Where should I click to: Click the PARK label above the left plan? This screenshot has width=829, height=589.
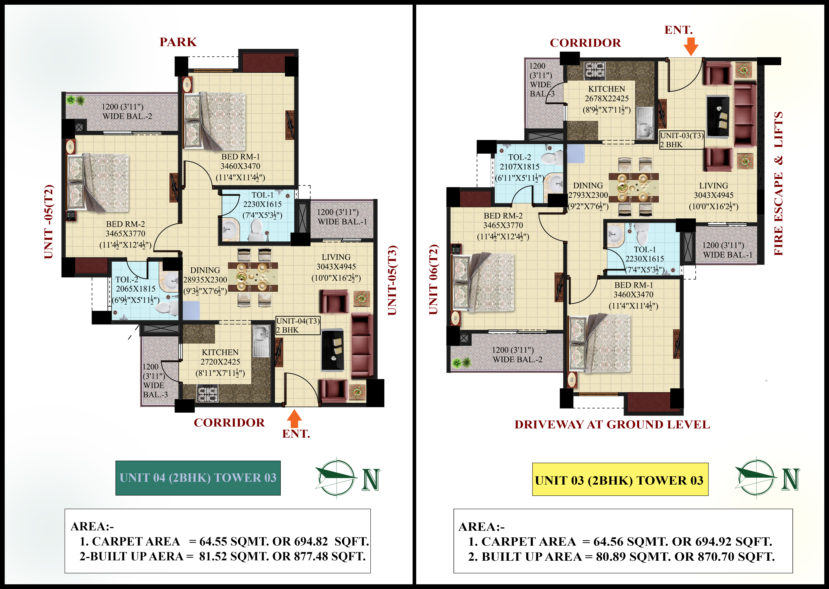(x=178, y=42)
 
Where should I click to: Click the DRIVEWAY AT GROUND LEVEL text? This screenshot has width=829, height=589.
(x=612, y=424)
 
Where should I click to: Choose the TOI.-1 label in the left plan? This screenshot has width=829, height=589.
(x=263, y=195)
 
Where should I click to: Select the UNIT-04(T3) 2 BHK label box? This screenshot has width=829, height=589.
(x=298, y=325)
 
